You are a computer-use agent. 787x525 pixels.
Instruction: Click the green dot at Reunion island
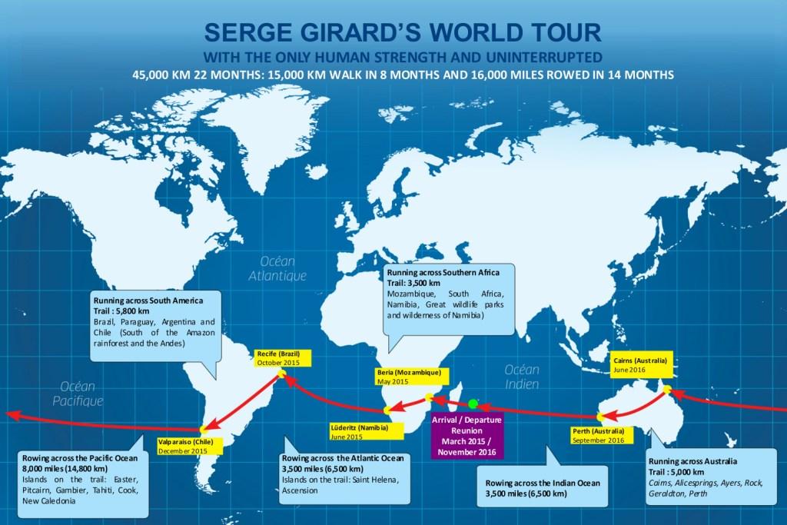473,403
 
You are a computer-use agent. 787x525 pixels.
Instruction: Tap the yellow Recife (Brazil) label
277,358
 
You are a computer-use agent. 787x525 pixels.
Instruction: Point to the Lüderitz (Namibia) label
359,431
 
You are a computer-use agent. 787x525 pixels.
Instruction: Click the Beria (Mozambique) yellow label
409,376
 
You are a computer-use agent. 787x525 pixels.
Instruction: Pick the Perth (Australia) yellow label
598,436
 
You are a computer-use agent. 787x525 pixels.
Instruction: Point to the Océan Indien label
523,376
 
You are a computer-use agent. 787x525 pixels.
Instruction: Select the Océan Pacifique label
78,393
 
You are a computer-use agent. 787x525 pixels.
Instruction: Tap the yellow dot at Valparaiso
202,429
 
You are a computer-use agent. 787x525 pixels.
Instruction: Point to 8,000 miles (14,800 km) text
65,468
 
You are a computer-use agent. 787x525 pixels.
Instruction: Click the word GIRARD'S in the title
381,32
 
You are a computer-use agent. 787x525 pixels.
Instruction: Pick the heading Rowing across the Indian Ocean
542,484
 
